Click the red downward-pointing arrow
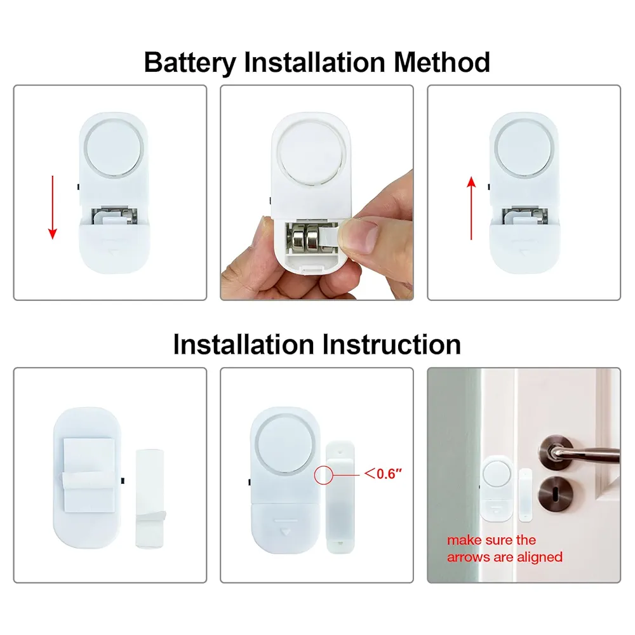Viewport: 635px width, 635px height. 53,208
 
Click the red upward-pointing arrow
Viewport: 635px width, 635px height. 471,208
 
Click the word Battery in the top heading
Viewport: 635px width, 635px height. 189,63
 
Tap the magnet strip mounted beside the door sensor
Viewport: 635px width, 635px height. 525,495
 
